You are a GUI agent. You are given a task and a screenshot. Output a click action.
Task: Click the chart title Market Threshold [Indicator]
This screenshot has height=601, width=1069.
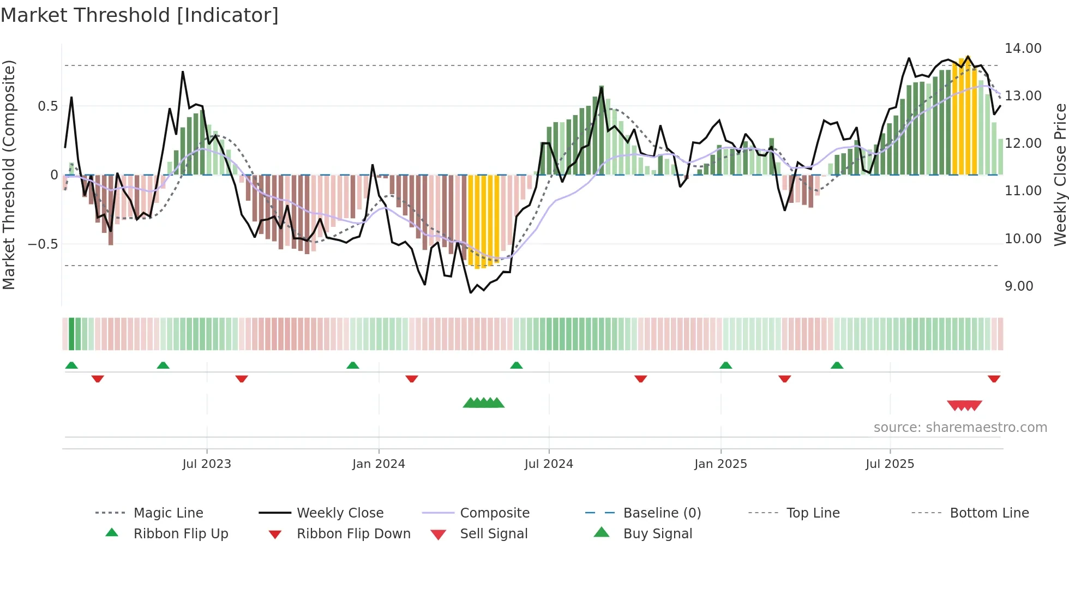(x=140, y=15)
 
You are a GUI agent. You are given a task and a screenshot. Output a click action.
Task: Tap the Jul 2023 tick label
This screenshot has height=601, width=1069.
(x=207, y=464)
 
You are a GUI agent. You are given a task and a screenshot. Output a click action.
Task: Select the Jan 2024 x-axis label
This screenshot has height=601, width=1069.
(x=379, y=464)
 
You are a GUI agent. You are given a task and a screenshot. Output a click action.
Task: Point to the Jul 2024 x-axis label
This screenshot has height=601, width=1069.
(x=549, y=464)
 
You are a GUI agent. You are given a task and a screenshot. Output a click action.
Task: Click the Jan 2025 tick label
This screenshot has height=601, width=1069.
(x=720, y=464)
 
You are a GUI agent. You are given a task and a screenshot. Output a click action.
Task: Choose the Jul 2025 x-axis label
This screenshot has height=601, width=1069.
(x=890, y=464)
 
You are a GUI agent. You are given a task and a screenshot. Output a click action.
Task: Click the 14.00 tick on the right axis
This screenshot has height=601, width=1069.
(x=1023, y=49)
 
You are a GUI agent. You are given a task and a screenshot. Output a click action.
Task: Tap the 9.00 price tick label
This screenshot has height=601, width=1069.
(x=1019, y=286)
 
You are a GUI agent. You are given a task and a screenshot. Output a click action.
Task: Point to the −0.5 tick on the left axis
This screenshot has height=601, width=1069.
(x=43, y=244)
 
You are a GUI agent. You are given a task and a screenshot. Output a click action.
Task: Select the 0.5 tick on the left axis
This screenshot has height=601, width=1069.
(x=48, y=106)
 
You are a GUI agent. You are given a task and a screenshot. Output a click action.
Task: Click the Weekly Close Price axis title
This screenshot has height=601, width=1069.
(x=1060, y=175)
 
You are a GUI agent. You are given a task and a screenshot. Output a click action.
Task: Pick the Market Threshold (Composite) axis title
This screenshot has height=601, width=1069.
(x=9, y=175)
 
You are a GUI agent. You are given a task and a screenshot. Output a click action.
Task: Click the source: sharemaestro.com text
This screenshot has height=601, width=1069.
(x=960, y=428)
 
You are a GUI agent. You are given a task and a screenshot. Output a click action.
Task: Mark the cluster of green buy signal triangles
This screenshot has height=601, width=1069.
(x=484, y=403)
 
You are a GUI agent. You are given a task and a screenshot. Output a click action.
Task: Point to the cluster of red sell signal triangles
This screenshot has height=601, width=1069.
(x=964, y=405)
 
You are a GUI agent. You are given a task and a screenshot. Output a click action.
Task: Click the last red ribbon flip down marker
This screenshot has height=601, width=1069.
(x=994, y=378)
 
